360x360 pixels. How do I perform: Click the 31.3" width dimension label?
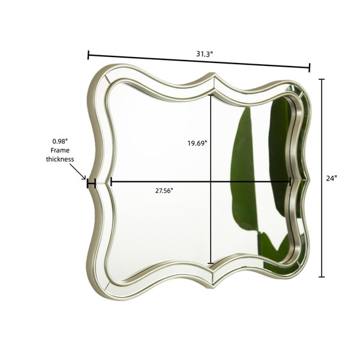pyautogui.click(x=205, y=54)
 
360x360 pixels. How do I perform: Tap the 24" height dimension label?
pyautogui.click(x=331, y=178)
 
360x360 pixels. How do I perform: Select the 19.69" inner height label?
pyautogui.click(x=197, y=143)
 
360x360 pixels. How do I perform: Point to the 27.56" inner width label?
pyautogui.click(x=164, y=191)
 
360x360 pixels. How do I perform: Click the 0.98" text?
pyautogui.click(x=60, y=142)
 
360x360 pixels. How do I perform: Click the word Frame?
pyautogui.click(x=60, y=151)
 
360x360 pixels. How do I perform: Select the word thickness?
pyautogui.click(x=60, y=159)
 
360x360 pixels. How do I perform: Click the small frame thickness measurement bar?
pyautogui.click(x=91, y=183)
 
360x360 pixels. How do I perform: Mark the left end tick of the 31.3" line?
pyautogui.click(x=88, y=55)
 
